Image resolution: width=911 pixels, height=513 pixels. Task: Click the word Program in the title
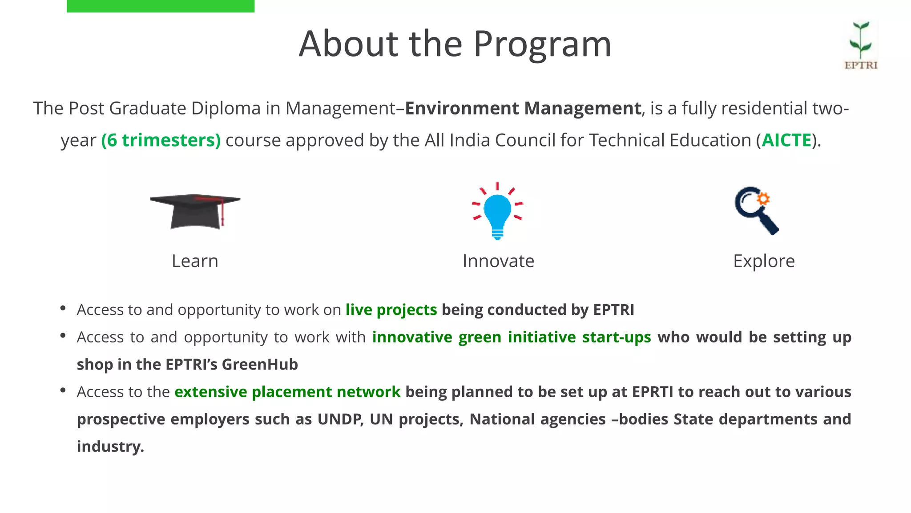[542, 44]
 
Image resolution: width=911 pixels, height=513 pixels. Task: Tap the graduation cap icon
[195, 211]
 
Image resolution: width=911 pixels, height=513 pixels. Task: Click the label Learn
[195, 261]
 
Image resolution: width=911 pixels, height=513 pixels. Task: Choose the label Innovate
[498, 261]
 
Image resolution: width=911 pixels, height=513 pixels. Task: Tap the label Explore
[764, 261]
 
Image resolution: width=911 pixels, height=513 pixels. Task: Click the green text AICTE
[786, 140]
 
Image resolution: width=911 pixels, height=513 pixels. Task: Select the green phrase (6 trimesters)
[161, 140]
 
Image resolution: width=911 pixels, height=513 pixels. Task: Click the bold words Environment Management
[523, 108]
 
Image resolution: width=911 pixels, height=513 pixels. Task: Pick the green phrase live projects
[391, 309]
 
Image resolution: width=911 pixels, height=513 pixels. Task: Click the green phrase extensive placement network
[287, 392]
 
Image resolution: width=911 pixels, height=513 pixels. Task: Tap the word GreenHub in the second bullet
[260, 364]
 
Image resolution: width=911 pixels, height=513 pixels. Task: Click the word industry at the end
[109, 447]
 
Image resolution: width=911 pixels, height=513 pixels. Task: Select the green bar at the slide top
[161, 6]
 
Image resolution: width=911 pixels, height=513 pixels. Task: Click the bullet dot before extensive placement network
[63, 391]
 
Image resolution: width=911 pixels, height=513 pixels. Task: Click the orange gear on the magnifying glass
[763, 199]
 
